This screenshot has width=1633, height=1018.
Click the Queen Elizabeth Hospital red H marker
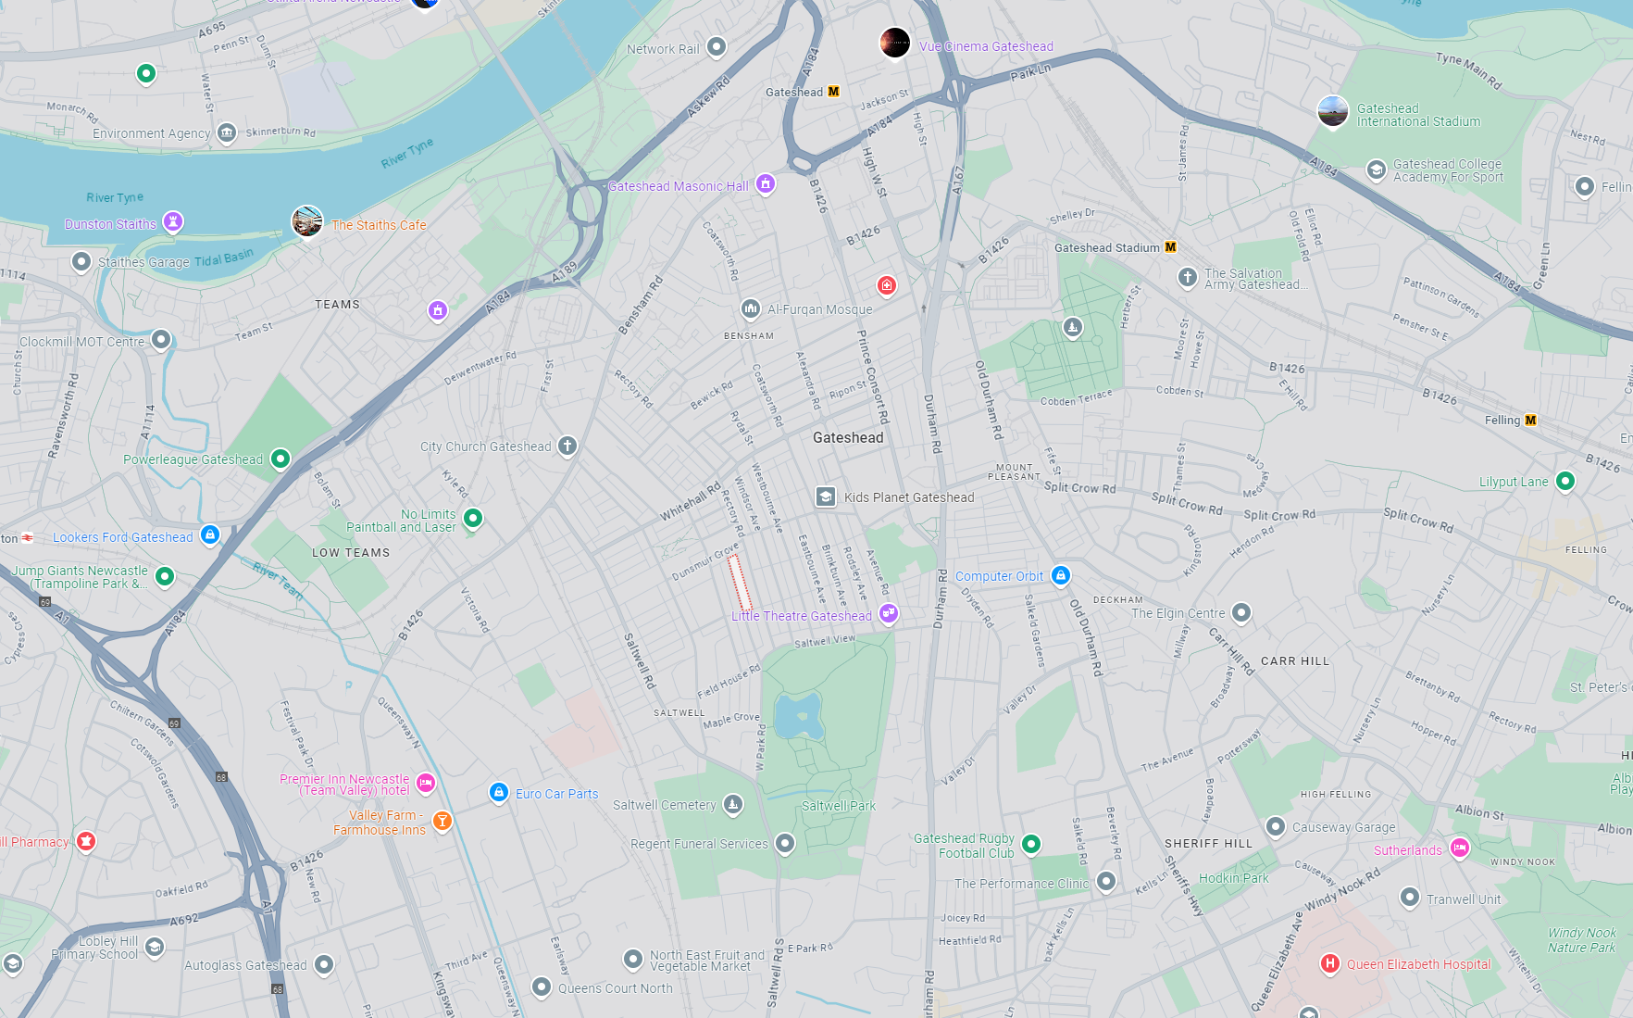1329,963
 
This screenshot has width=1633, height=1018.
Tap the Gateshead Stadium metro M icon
1170,247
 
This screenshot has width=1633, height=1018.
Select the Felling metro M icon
1530,420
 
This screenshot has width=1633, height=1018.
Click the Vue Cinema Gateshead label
986,46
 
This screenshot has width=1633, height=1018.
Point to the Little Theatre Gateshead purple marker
888,613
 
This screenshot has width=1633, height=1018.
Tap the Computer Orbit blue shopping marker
1061,575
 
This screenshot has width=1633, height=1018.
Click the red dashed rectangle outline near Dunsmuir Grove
739,582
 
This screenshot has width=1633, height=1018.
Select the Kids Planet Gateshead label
908,497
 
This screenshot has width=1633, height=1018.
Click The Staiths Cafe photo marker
307,221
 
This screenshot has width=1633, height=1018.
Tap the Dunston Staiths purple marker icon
173,221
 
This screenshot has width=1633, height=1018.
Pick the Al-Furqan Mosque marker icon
750,308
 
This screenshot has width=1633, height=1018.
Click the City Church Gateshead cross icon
567,446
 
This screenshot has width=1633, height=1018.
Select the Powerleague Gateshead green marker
280,459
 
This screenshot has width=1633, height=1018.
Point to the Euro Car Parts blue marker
499,792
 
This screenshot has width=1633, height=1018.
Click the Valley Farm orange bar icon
443,821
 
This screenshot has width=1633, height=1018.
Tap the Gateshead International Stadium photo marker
1332,111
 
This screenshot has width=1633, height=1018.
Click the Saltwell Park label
838,806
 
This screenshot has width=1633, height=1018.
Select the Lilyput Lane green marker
1564,481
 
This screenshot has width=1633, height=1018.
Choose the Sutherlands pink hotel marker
1459,848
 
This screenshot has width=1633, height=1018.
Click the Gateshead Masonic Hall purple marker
765,184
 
